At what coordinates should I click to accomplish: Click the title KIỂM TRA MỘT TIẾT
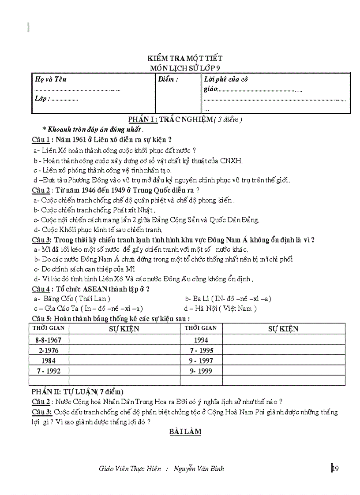[185, 58]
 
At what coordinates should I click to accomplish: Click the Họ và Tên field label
[51, 79]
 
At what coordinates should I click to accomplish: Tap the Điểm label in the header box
[169, 79]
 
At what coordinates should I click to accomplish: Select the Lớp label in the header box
[42, 99]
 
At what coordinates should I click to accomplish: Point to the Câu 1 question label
[41, 140]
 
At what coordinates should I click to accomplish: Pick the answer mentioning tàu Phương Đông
[161, 180]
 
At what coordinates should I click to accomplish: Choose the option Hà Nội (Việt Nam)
[221, 309]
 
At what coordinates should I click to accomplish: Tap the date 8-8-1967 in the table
[49, 340]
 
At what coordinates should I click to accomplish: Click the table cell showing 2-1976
[49, 350]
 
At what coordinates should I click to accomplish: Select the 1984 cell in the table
[49, 361]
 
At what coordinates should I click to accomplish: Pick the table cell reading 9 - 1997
[201, 361]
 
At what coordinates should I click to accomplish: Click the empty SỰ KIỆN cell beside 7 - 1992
[124, 371]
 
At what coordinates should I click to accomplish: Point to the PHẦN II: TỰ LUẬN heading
[78, 391]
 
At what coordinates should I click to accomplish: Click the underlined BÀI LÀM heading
[185, 432]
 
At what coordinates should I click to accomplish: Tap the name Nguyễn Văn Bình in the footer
[199, 469]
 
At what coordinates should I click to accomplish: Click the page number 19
[335, 468]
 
